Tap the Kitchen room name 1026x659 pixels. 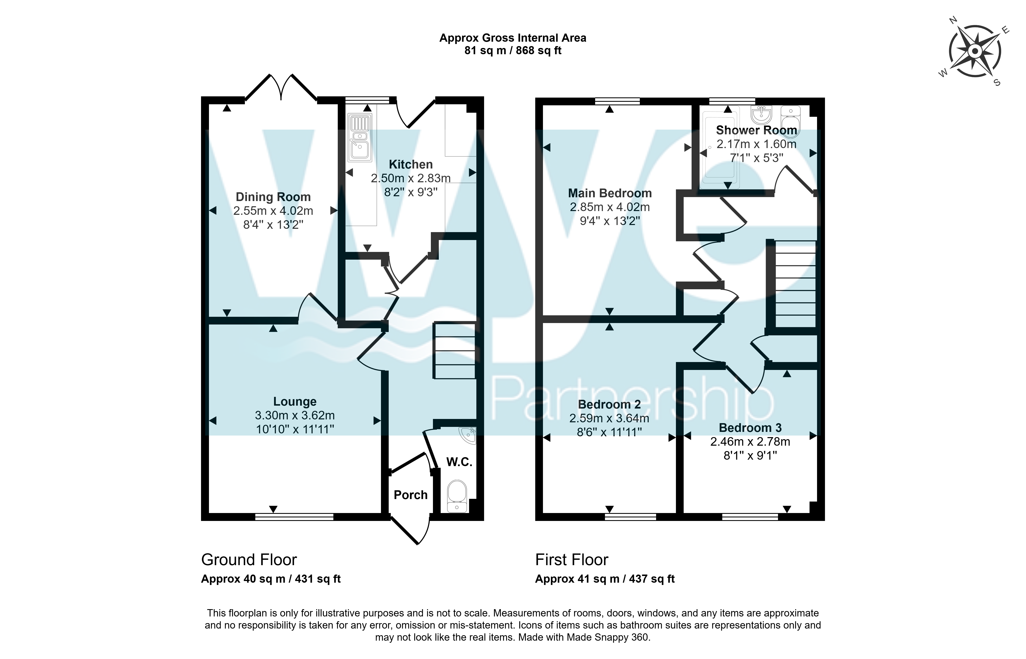click(x=411, y=164)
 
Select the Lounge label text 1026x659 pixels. click(x=295, y=401)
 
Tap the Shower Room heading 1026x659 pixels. click(x=756, y=130)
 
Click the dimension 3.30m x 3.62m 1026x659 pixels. click(x=295, y=415)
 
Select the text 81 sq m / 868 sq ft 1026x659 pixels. click(x=513, y=50)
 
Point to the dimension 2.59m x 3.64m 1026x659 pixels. click(x=609, y=418)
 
